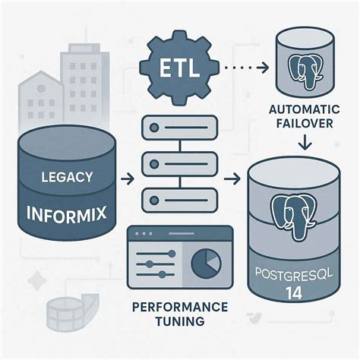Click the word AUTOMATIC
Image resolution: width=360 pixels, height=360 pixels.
(x=305, y=110)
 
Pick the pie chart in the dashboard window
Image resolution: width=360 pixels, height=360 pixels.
(x=205, y=264)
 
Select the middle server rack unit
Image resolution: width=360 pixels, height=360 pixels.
(x=182, y=163)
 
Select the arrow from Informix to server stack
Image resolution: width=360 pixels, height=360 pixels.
(x=128, y=180)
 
